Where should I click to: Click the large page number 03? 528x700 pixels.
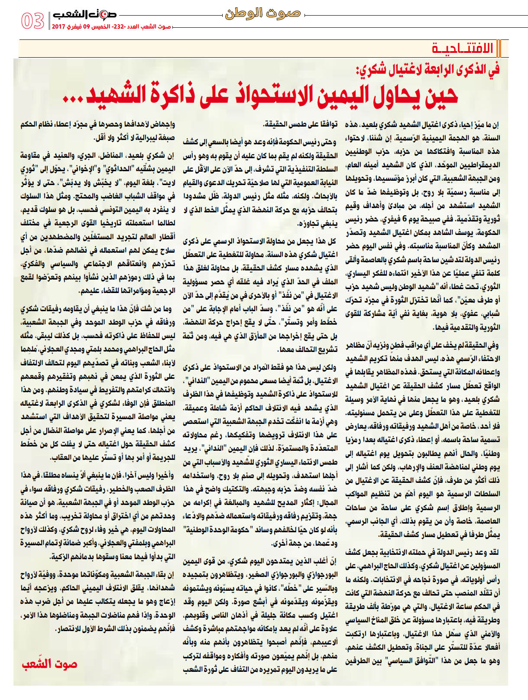(32, 21)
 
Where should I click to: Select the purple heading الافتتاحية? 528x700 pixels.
(462, 48)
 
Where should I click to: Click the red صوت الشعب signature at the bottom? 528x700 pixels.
(49, 664)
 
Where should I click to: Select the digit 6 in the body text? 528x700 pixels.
(404, 219)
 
